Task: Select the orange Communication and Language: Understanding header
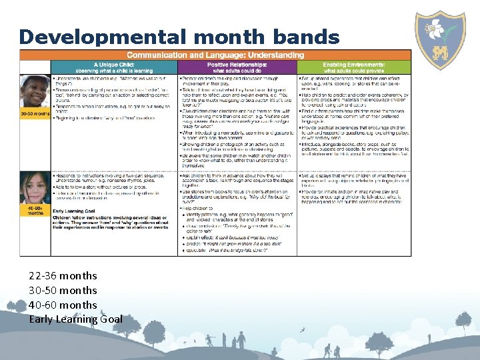(215, 55)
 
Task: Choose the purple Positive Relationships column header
(237, 67)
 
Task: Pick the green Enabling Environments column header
(353, 67)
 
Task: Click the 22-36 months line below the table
(63, 275)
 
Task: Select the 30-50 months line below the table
(63, 290)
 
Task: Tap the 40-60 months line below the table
(63, 305)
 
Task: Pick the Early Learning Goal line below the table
(75, 319)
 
